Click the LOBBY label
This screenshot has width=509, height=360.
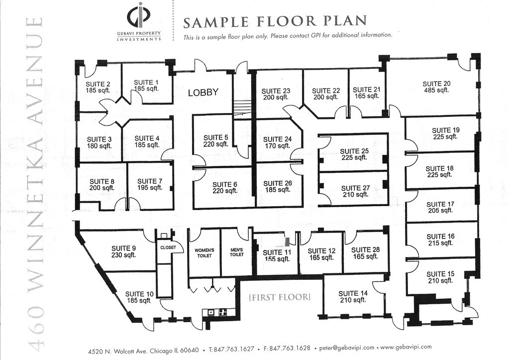203,93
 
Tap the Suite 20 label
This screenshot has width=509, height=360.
437,84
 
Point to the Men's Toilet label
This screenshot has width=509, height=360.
237,252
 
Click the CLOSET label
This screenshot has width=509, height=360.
168,247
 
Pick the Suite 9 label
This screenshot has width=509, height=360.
124,249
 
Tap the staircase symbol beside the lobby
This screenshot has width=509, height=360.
242,108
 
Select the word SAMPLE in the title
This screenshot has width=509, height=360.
216,22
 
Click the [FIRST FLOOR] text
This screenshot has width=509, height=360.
280,297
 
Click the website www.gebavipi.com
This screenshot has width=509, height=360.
406,347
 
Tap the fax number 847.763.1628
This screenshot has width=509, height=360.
290,349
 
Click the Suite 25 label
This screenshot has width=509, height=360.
354,151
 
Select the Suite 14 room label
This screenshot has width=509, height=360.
353,294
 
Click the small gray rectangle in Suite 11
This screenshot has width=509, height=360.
287,241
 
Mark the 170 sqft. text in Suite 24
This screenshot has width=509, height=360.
277,146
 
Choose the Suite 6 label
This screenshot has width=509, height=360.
224,185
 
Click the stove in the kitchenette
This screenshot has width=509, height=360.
223,313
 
